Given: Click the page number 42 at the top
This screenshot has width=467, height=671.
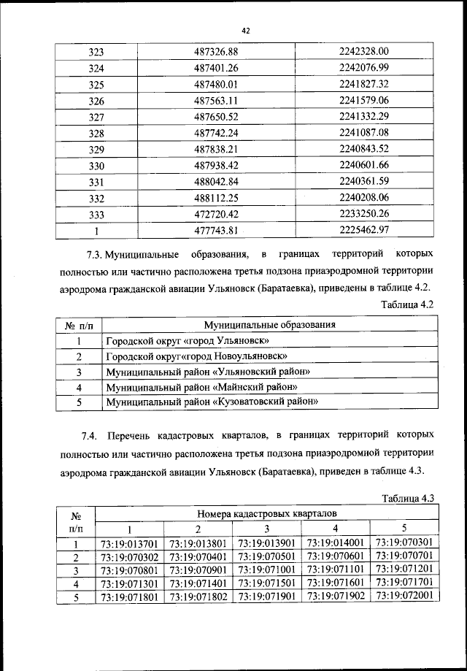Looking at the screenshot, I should [x=246, y=30].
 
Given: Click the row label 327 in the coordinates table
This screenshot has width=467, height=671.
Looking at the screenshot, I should [x=96, y=116].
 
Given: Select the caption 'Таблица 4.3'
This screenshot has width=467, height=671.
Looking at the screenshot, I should [x=408, y=499].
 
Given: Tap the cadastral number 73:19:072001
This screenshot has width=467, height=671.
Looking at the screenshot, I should [x=404, y=595].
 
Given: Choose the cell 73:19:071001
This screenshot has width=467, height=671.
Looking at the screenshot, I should [x=267, y=570].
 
